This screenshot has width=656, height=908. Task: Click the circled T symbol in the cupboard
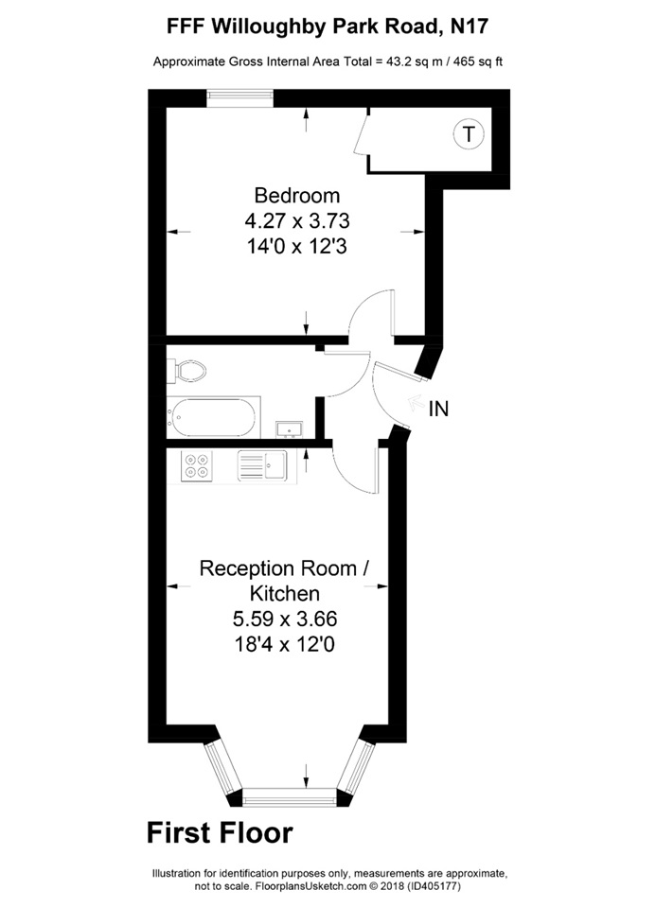pyautogui.click(x=468, y=133)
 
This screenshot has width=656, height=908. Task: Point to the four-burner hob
pyautogui.click(x=198, y=464)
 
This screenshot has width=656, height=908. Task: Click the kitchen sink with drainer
pyautogui.click(x=262, y=464)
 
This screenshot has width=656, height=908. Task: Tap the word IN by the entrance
pyautogui.click(x=438, y=409)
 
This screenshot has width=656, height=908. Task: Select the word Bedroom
pyautogui.click(x=296, y=196)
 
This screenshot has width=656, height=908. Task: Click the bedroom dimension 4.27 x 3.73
pyautogui.click(x=296, y=221)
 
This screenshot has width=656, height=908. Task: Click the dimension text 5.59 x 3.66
pyautogui.click(x=284, y=620)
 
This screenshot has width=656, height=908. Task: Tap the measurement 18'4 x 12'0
pyautogui.click(x=284, y=645)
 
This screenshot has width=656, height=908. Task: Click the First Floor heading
pyautogui.click(x=220, y=833)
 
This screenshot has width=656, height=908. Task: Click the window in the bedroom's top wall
pyautogui.click(x=240, y=94)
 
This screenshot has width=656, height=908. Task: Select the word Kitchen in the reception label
pyautogui.click(x=284, y=594)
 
